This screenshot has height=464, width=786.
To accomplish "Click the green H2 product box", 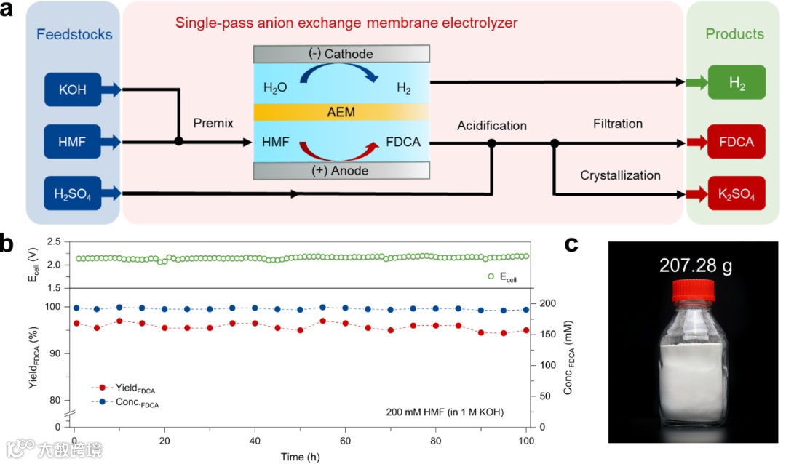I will point(736,82).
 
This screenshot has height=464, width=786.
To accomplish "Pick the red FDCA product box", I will point(736,142).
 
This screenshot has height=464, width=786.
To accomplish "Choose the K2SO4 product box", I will point(736,193).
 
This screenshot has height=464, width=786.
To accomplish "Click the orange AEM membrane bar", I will point(341,111).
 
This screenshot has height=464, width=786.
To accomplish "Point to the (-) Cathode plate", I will point(341,54).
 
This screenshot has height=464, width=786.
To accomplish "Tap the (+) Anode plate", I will point(341,171).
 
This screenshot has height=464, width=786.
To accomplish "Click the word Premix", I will point(213,124).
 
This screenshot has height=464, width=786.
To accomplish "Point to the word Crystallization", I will point(620,175).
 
